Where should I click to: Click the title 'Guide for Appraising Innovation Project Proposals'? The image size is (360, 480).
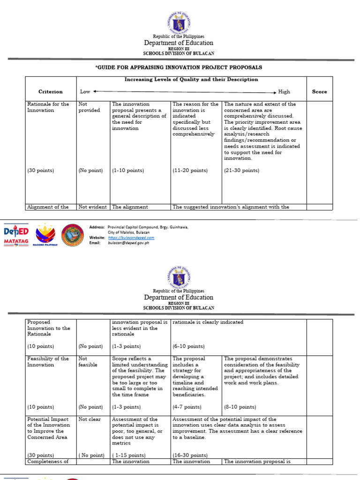[x=179, y=67]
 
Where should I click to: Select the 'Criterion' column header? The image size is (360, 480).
[x=50, y=92]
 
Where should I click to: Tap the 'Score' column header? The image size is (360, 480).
[x=319, y=92]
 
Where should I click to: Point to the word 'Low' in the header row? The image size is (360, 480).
[x=85, y=92]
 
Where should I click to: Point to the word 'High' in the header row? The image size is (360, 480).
[x=284, y=92]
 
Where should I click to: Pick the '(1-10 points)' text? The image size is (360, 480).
[x=128, y=171]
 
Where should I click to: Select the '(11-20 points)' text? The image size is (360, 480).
[x=190, y=171]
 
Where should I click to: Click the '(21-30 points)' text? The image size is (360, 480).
[x=241, y=171]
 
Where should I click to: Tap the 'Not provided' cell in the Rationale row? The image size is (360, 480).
[x=89, y=107]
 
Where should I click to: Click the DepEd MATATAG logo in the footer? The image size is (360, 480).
[x=16, y=236]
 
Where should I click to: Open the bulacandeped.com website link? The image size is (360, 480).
[x=131, y=238]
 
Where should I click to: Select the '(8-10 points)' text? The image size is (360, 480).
[x=240, y=407]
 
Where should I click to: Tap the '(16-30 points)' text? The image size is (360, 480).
[x=190, y=455]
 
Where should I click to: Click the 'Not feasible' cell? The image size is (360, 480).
[x=88, y=362]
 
